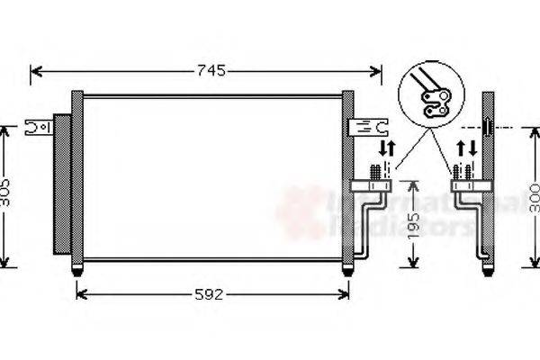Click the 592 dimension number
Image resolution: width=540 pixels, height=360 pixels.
[210, 293]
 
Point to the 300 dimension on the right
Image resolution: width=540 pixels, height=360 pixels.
[534, 196]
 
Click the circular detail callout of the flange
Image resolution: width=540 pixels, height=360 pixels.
[430, 94]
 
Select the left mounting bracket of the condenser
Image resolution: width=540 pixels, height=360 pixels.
[39, 127]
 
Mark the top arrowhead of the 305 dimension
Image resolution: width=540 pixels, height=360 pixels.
[5, 130]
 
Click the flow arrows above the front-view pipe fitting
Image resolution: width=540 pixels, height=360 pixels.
[385, 147]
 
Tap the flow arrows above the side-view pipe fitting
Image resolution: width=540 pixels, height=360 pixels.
[466, 147]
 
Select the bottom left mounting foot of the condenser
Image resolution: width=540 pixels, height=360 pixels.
[77, 269]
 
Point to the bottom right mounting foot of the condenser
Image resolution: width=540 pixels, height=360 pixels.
[347, 269]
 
